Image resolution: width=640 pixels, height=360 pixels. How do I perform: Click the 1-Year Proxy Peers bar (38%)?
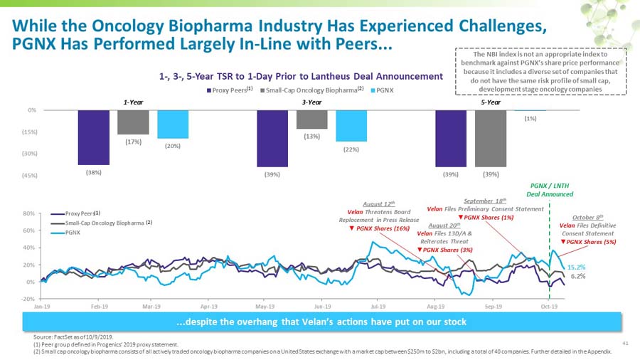coord(94,137)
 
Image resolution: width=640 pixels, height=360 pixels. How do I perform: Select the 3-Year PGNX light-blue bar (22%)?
coord(351,126)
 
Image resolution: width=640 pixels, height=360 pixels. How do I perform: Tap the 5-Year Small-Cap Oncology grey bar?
coord(490,138)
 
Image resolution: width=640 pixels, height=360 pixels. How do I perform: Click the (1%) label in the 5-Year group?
coord(530,118)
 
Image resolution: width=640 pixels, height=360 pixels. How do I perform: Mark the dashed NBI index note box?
coord(541,72)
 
